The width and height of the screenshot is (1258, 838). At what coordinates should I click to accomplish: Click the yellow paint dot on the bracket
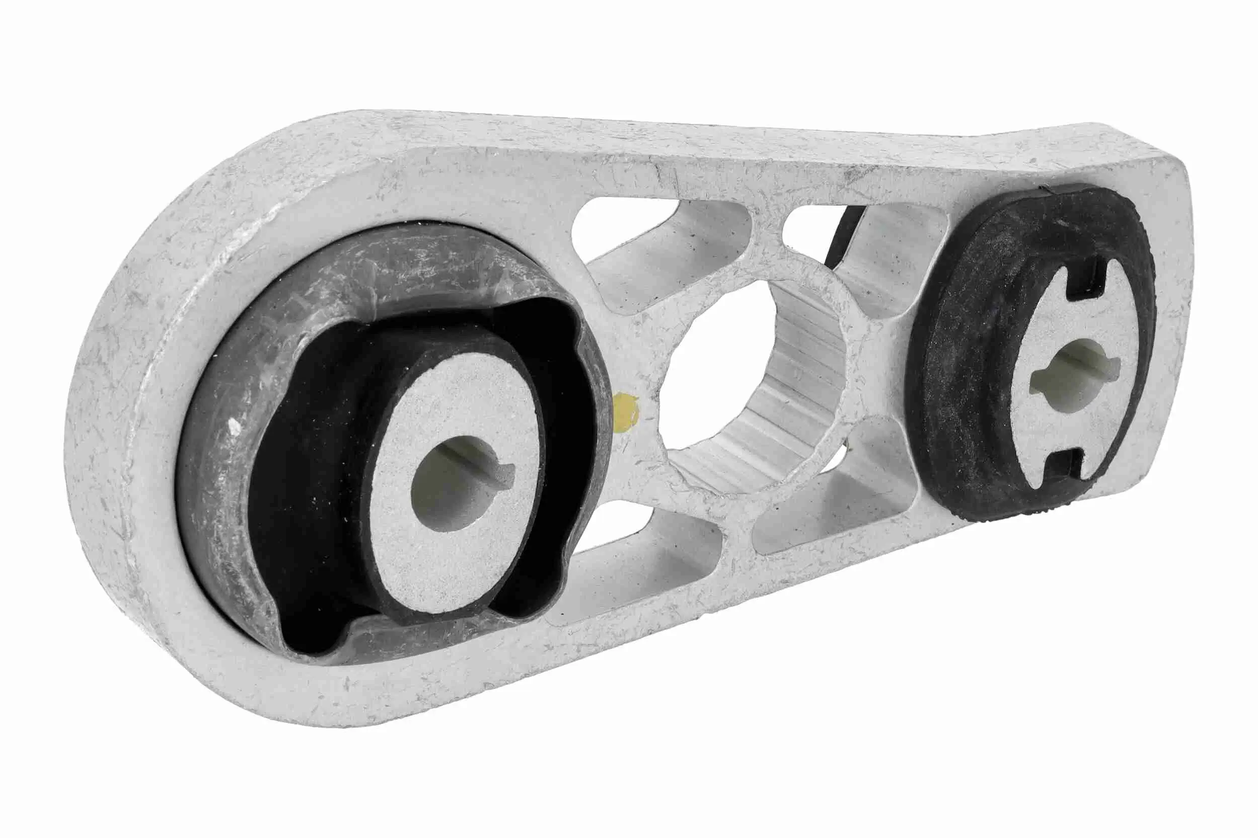click(x=626, y=411)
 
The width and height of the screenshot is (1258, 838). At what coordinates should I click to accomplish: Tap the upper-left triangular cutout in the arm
click(x=658, y=235)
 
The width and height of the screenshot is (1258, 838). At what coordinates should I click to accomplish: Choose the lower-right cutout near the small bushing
click(x=835, y=513)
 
